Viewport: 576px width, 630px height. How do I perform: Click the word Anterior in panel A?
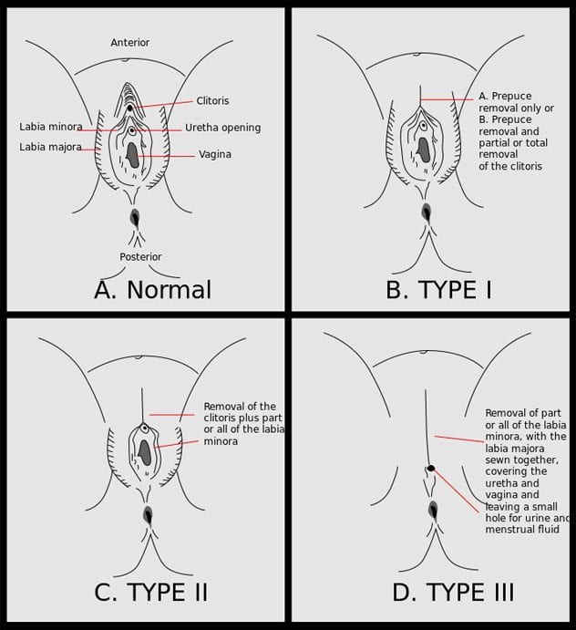[130, 42]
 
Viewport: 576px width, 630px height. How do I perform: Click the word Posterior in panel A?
[140, 257]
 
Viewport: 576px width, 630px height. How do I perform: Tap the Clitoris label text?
[212, 100]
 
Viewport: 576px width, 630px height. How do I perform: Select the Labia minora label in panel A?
[51, 127]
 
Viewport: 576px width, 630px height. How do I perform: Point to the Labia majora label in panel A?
[51, 147]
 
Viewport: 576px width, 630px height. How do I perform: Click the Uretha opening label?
[223, 128]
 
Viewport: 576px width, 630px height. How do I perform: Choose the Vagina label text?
[215, 154]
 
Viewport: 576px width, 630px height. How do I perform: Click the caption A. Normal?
[152, 290]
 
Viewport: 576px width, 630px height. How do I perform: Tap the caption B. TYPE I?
[438, 289]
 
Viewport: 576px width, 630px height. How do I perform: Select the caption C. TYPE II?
[151, 593]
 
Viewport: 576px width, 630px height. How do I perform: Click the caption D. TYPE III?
[453, 593]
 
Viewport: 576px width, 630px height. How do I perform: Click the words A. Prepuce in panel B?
[505, 96]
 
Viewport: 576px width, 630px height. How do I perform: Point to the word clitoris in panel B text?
[522, 166]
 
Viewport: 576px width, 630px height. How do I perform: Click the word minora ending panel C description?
[221, 441]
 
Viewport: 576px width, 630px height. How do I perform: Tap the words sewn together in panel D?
[522, 460]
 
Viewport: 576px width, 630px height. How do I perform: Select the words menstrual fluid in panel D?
[522, 529]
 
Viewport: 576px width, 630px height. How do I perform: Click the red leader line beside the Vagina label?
[166, 156]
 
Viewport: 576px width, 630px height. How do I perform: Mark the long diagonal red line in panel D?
[457, 491]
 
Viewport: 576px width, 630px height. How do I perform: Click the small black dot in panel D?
[431, 468]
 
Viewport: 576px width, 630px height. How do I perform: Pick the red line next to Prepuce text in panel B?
[447, 99]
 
